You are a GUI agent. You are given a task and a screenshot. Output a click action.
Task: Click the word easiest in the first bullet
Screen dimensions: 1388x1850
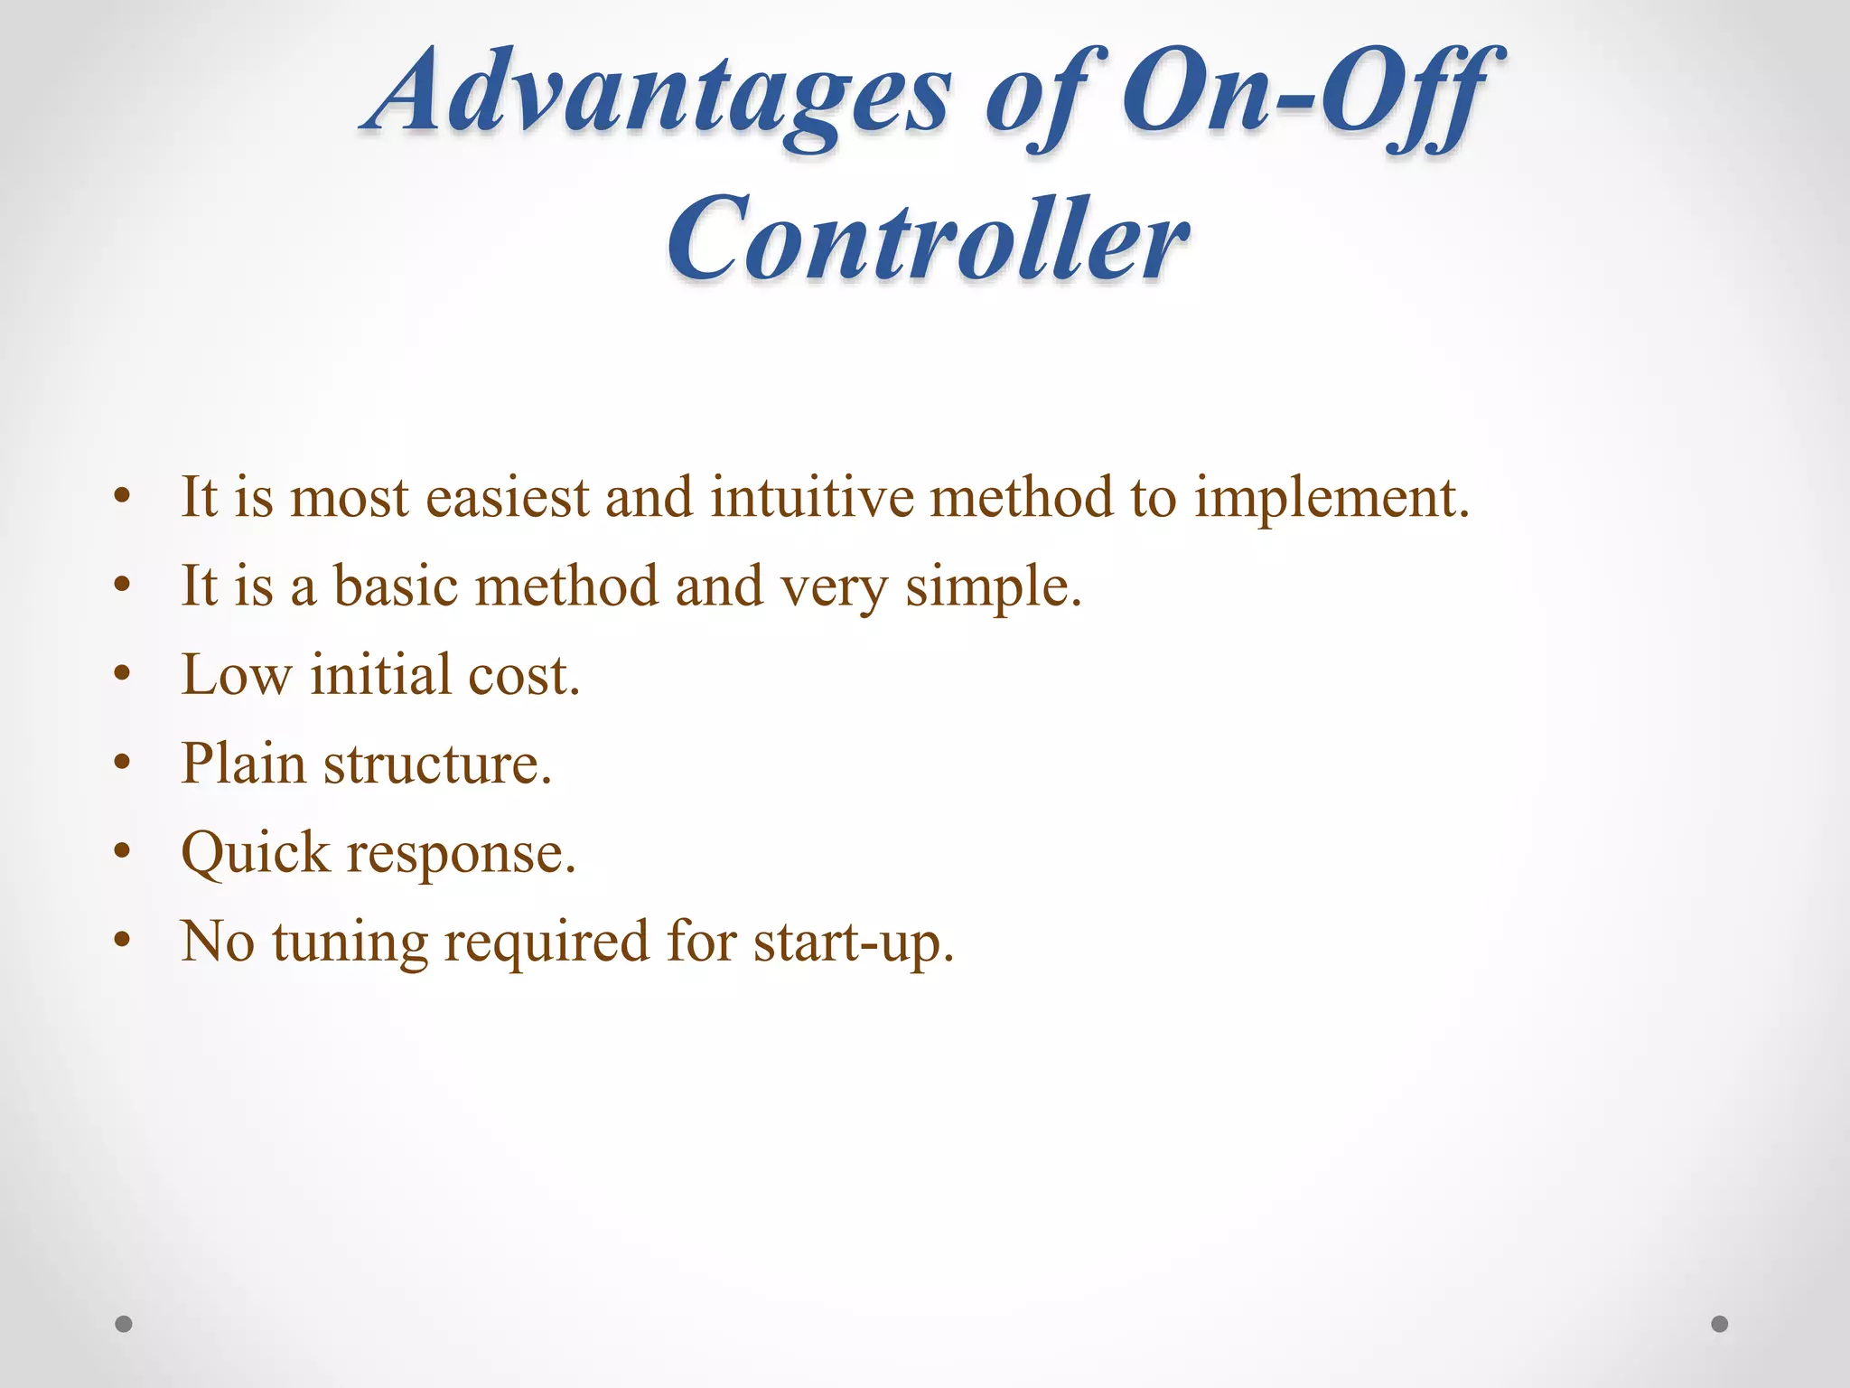[x=507, y=498]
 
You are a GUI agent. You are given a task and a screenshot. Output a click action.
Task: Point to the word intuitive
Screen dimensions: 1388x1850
[x=812, y=498]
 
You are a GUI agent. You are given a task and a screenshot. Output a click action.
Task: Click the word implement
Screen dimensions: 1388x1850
[x=1331, y=500]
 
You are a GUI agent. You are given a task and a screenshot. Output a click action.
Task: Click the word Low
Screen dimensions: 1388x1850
[x=237, y=675]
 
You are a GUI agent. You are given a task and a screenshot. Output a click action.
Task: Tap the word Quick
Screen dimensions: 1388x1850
[x=257, y=853]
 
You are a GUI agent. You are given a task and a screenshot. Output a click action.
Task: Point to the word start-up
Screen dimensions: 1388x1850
[x=853, y=943]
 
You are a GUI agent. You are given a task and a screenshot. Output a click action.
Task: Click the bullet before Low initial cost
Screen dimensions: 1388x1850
[x=124, y=674]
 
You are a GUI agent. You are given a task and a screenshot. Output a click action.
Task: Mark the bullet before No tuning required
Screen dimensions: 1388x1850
[x=124, y=941]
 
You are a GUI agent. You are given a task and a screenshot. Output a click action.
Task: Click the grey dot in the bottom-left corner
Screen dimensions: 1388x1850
[x=124, y=1324]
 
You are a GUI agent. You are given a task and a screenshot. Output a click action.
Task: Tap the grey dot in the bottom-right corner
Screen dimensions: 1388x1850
[x=1720, y=1324]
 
